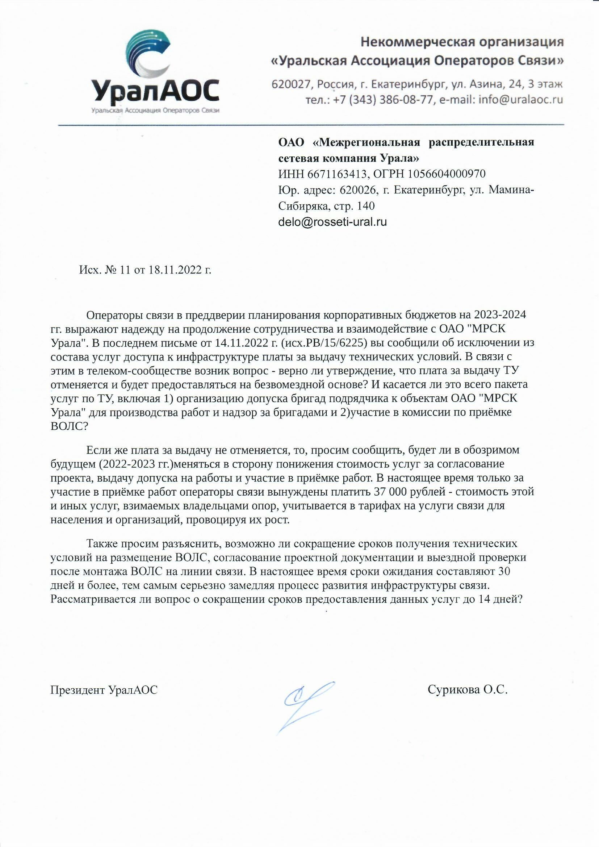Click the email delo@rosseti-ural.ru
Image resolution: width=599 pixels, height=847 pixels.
click(x=332, y=222)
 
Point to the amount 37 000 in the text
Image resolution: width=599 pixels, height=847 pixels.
click(x=395, y=492)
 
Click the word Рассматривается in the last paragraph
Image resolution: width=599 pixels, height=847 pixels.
click(x=93, y=600)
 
